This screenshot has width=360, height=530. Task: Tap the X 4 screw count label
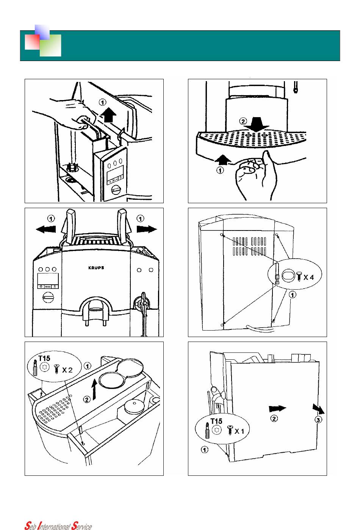tap(308, 277)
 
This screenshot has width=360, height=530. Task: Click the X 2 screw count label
tap(67, 370)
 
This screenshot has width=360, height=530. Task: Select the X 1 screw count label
tap(239, 431)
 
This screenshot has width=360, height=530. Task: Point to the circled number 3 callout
tap(319, 420)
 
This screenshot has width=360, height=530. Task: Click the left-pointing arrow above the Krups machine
tap(45, 229)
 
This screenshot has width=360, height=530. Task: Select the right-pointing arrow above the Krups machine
tap(147, 229)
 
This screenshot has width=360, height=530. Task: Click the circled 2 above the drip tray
tap(243, 122)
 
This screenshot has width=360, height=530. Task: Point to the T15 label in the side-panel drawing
tap(216, 421)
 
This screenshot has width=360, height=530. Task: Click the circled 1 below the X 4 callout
tap(293, 294)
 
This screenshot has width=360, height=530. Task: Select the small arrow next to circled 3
tap(318, 409)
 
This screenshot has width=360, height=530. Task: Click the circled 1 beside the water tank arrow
tap(102, 102)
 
